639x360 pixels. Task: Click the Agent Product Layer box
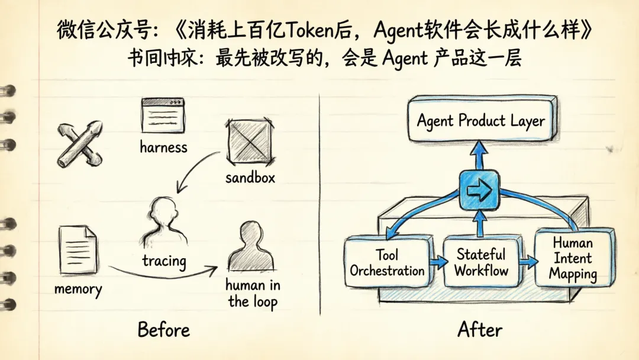(x=480, y=122)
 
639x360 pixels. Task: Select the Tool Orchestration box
(x=387, y=262)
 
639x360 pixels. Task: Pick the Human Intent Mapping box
(x=572, y=259)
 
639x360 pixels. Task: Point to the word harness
(x=163, y=147)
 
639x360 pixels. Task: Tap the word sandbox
(x=250, y=177)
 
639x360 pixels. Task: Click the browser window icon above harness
(x=163, y=115)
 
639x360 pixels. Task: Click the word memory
(x=78, y=289)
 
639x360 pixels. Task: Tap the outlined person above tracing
(x=163, y=222)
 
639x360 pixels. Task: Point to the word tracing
(x=164, y=261)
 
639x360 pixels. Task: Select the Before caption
(x=164, y=329)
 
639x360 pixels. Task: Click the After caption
(x=480, y=329)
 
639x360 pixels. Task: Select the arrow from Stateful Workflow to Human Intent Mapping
(x=528, y=261)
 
